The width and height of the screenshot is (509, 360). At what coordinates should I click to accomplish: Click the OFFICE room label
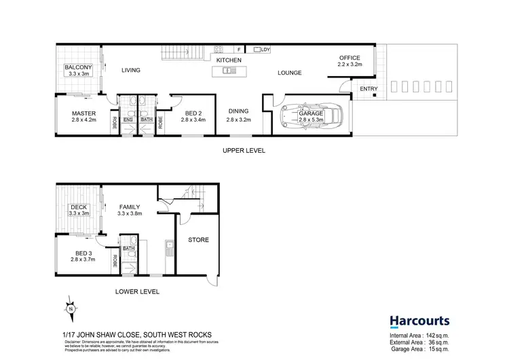pyautogui.click(x=350, y=58)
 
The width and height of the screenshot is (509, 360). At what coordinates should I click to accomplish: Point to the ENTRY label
pyautogui.click(x=369, y=89)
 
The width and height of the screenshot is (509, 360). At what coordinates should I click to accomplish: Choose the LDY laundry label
pyautogui.click(x=265, y=50)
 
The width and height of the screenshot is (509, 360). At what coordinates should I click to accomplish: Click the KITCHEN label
pyautogui.click(x=229, y=60)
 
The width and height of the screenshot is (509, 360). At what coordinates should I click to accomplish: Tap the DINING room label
pyautogui.click(x=238, y=111)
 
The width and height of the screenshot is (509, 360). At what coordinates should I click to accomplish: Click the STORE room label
pyautogui.click(x=198, y=240)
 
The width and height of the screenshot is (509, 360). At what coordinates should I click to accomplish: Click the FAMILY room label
pyautogui.click(x=129, y=206)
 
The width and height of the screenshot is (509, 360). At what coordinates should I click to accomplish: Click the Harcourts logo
pyautogui.click(x=418, y=321)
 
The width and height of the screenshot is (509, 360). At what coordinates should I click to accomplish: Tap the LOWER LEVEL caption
pyautogui.click(x=138, y=291)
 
